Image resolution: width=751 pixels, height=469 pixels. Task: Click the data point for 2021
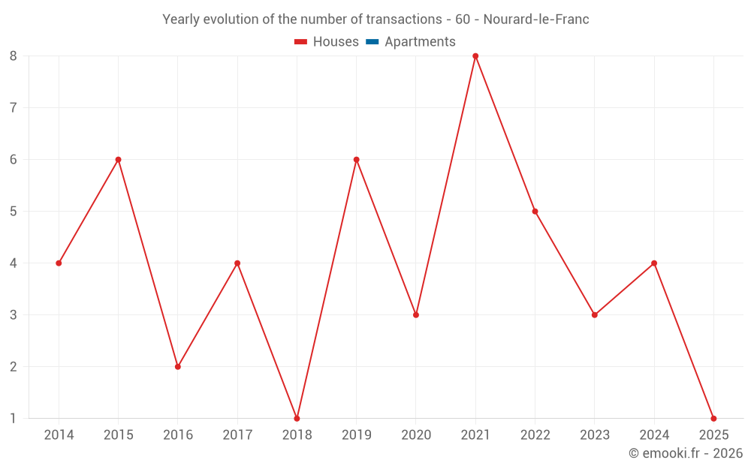click(x=475, y=56)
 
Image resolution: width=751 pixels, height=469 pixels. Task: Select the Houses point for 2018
click(x=297, y=418)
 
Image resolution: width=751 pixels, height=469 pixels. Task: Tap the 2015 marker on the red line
click(x=118, y=160)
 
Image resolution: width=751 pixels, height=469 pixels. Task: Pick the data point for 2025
click(x=713, y=418)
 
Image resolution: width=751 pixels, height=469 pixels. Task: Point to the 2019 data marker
click(x=356, y=160)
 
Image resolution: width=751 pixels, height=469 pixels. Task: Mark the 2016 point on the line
click(x=178, y=366)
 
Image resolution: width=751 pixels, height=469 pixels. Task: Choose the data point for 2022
click(x=535, y=212)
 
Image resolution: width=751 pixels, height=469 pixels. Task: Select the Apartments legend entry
click(x=420, y=42)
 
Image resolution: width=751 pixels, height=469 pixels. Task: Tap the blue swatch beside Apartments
click(x=372, y=42)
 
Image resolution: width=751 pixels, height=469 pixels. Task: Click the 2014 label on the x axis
click(x=59, y=435)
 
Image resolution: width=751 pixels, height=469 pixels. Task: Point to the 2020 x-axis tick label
click(x=416, y=435)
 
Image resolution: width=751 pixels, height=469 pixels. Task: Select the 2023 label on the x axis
click(x=595, y=435)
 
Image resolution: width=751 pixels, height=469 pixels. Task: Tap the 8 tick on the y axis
click(x=14, y=56)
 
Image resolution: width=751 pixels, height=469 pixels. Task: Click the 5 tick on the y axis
click(x=14, y=212)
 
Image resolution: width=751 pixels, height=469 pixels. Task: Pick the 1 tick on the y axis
click(x=14, y=418)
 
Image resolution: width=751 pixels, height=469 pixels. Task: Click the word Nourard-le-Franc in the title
click(x=536, y=20)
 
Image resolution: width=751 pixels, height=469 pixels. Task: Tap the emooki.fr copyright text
click(x=686, y=453)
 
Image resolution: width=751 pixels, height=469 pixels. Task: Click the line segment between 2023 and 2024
click(x=624, y=289)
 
